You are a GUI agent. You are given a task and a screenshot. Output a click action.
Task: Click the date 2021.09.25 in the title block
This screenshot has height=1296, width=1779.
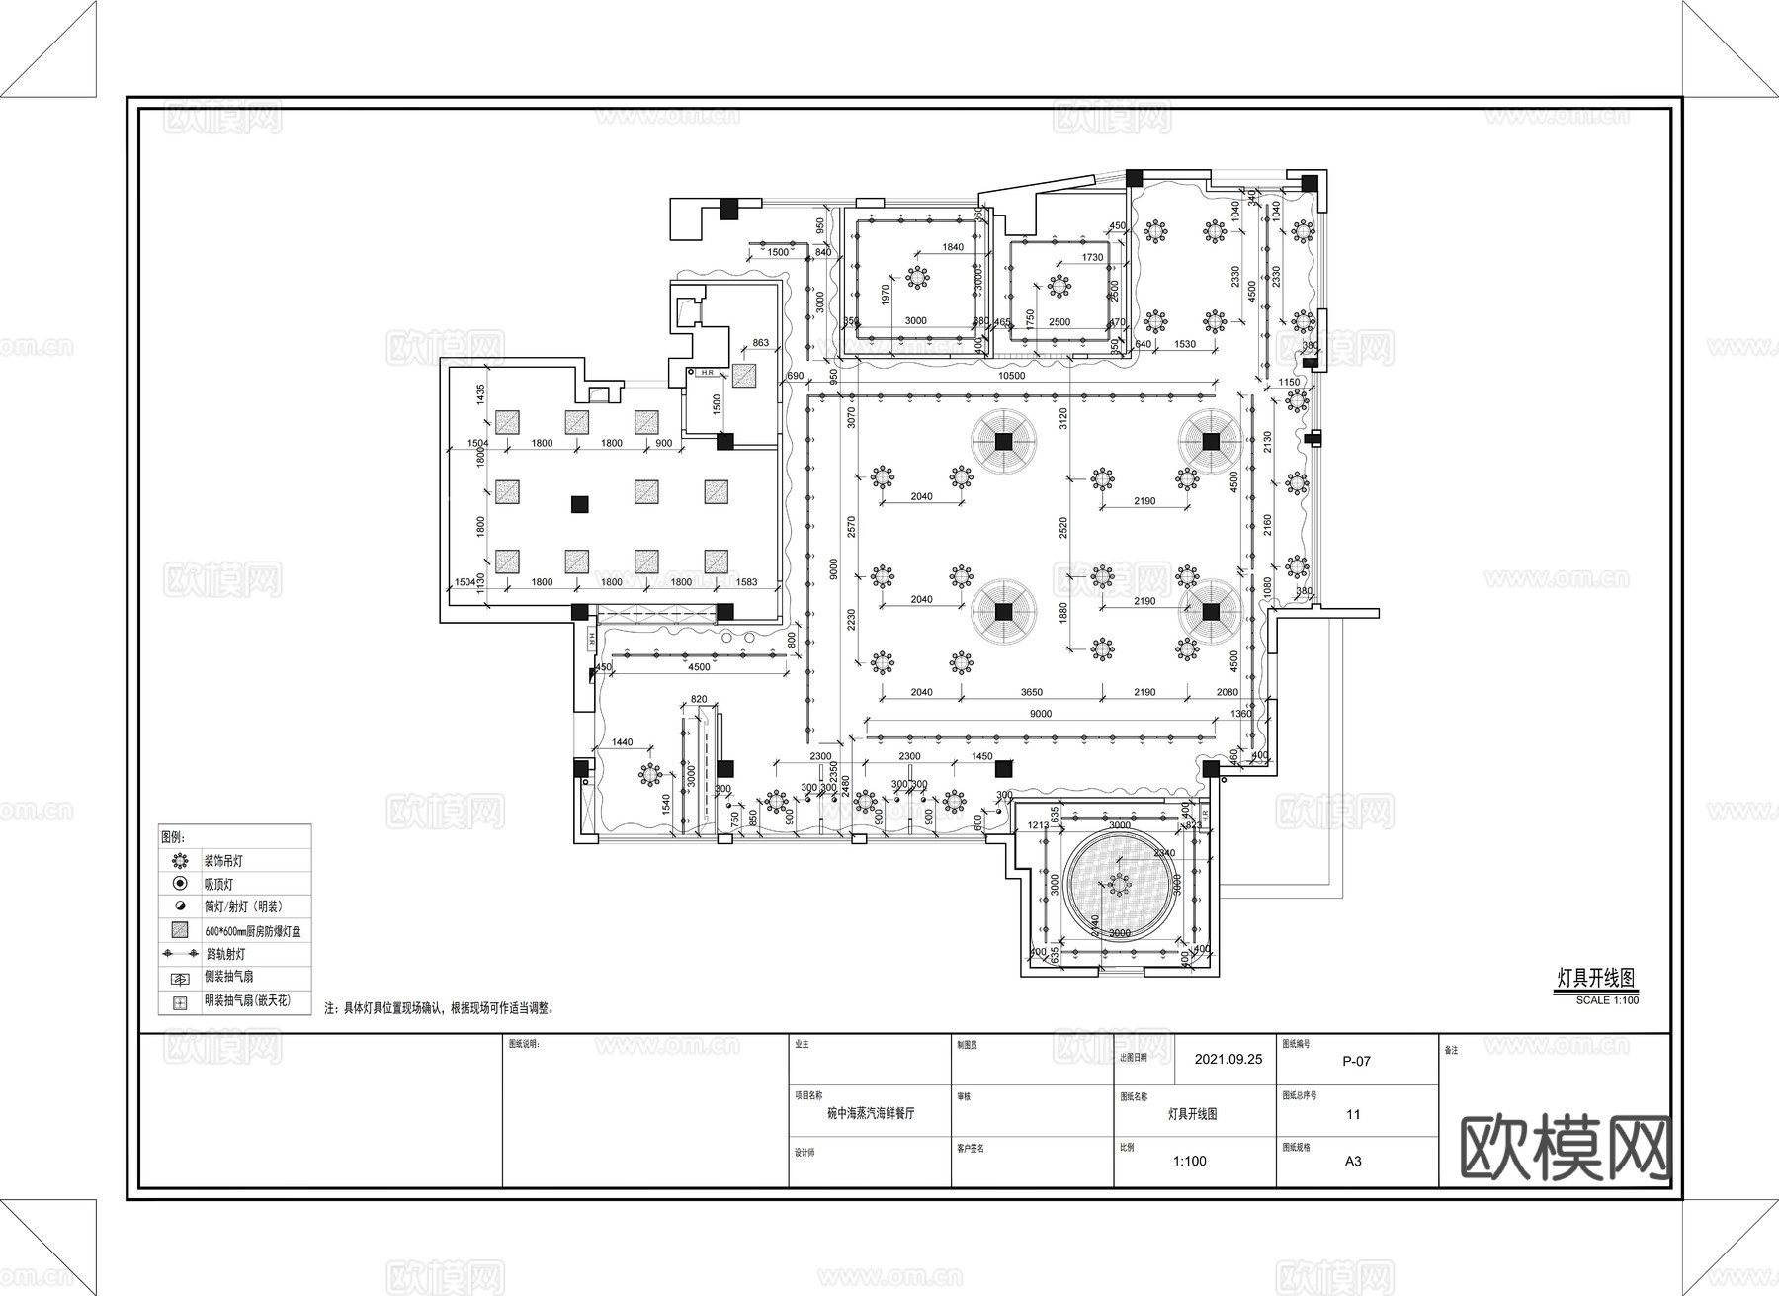point(1228,1059)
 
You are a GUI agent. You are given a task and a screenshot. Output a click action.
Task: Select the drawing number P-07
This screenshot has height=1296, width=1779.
point(1356,1061)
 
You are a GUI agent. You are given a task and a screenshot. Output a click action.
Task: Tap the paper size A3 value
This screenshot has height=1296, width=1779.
point(1353,1161)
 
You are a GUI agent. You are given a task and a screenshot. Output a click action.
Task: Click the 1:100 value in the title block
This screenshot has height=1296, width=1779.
point(1189,1161)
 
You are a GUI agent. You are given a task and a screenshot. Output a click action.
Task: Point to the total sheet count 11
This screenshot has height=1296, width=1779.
point(1353,1114)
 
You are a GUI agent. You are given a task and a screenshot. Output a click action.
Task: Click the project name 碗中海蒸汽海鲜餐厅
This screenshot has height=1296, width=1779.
point(870,1113)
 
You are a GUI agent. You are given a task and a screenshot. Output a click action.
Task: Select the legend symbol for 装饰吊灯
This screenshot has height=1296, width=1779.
point(180,861)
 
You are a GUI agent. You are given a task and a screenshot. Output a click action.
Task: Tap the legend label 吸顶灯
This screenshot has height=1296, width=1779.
point(218,885)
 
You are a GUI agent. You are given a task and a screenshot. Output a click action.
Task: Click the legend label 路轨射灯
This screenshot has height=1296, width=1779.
point(224,954)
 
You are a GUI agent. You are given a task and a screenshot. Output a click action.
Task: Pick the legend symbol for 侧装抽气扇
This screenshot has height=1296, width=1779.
point(180,978)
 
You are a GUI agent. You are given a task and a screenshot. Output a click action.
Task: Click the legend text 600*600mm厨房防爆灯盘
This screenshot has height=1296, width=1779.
point(252,931)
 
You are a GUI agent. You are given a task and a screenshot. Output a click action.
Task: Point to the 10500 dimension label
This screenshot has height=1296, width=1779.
point(1011,376)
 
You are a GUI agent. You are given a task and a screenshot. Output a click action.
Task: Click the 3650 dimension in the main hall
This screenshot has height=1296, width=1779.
point(1031,692)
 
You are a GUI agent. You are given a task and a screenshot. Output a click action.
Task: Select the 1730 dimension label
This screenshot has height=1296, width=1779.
point(1092,257)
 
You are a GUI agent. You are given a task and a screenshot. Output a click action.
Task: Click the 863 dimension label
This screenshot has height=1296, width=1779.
point(760,343)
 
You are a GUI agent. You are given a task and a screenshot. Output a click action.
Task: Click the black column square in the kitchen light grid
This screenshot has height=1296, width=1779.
point(579,504)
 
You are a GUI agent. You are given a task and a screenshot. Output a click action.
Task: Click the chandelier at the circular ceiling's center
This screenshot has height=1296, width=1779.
point(1120,883)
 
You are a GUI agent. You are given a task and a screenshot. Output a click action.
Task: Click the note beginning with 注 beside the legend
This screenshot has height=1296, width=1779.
point(440,1009)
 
